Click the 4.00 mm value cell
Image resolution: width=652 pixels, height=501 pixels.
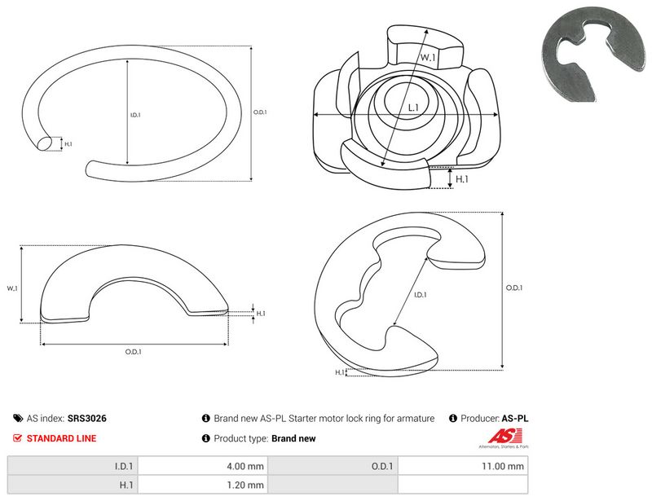(x=202, y=466)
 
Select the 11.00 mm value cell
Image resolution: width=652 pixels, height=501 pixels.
(x=463, y=466)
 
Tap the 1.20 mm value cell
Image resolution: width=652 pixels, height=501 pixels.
(x=202, y=485)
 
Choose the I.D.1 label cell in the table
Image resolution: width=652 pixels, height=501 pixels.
(x=73, y=466)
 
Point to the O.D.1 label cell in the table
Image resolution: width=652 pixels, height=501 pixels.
(x=333, y=466)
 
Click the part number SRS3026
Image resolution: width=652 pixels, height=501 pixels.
(x=87, y=418)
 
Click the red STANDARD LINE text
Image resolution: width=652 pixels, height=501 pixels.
(x=62, y=438)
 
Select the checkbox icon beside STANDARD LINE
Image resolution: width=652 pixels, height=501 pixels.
(x=17, y=438)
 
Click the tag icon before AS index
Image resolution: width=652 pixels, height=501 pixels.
(x=18, y=418)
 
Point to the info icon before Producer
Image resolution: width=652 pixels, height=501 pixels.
(x=453, y=418)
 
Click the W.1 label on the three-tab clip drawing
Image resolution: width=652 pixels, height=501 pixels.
(x=428, y=57)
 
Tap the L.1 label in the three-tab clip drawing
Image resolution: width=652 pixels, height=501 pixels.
(x=413, y=108)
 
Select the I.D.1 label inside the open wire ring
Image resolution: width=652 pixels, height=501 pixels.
(x=135, y=115)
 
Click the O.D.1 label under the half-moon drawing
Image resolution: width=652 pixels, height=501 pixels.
(x=133, y=352)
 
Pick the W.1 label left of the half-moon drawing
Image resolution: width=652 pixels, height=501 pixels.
(x=12, y=288)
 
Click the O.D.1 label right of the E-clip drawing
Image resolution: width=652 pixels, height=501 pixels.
(x=514, y=288)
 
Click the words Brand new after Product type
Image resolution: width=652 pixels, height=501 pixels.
(x=293, y=438)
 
